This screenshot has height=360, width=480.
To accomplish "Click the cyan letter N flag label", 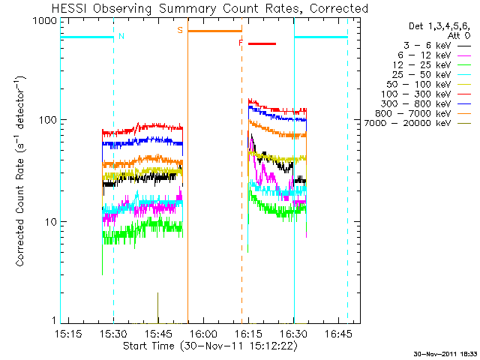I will (121, 35).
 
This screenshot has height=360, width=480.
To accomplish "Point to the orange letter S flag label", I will (180, 30).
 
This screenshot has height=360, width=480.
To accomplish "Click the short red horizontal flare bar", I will (262, 44).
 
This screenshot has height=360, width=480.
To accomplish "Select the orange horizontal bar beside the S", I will (214, 31).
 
